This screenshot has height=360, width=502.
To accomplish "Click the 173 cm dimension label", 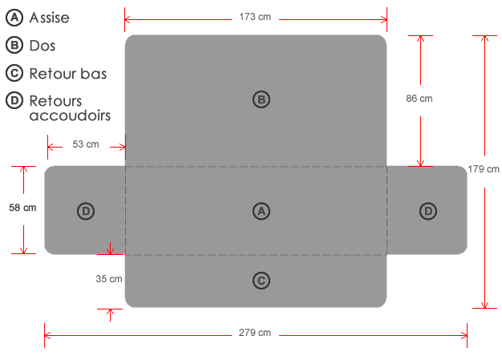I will pos(255,16).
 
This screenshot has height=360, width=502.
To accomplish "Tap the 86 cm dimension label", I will pos(419,99).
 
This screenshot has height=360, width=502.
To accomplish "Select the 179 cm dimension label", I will pos(484,169).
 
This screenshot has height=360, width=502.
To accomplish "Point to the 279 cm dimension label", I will pos(255,333).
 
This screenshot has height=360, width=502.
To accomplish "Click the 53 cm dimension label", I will pos(86,144).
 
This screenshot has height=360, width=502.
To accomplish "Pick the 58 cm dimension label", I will pos(23,208).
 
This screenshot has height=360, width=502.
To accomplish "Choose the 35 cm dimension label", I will pos(108,279).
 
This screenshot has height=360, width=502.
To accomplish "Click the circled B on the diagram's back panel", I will pos(261,99).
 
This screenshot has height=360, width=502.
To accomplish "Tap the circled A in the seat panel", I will pos(261,211).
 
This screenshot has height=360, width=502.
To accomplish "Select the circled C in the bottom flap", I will pos(261,281).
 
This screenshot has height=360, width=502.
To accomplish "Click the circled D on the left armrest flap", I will pos(86,211).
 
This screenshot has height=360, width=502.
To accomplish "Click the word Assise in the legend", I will pos(50,17).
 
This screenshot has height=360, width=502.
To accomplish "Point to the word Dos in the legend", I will pos(43,46).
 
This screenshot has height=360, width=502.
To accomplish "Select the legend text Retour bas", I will pos(68,74).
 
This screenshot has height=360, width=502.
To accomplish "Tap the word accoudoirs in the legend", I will pos(70,115).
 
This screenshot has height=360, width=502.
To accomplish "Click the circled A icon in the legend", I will pos(13,17).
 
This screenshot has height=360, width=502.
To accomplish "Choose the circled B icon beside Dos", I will pos(13,46).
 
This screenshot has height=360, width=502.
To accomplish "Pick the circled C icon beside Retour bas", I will pos(13,74).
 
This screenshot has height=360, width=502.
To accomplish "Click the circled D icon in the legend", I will pos(13,102).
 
